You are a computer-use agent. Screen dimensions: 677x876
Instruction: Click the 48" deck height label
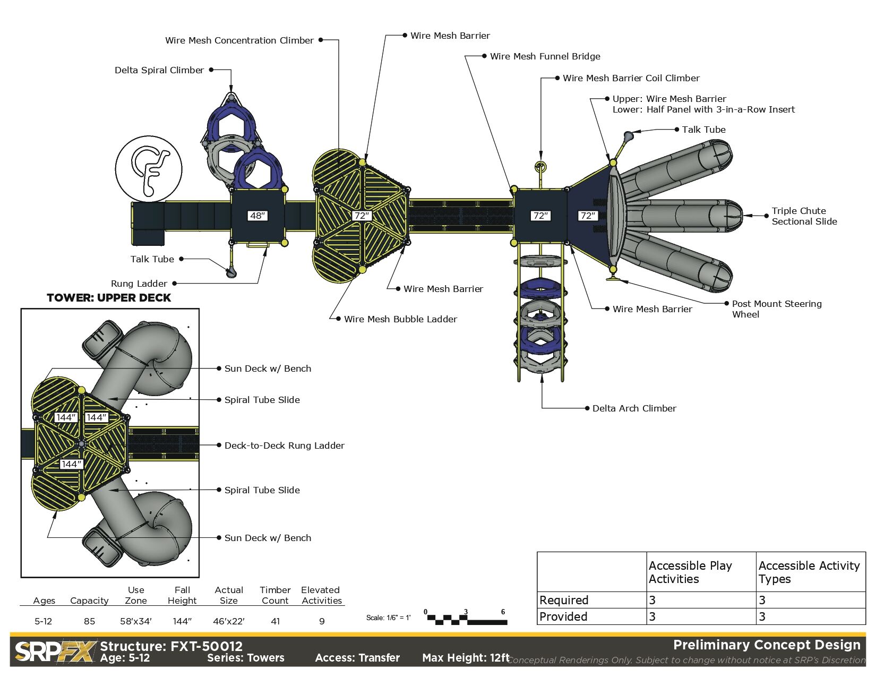(257, 216)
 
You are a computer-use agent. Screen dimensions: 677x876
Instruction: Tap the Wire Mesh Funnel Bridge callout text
(545, 56)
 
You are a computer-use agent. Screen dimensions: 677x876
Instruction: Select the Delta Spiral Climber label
(159, 70)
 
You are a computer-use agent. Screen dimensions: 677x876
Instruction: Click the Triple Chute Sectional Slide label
(804, 216)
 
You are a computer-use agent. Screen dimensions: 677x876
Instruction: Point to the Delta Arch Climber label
(634, 408)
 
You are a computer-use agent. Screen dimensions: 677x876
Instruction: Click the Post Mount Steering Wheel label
(776, 309)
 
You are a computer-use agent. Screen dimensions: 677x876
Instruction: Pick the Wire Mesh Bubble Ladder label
(400, 319)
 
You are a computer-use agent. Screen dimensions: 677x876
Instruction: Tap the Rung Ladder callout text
(139, 284)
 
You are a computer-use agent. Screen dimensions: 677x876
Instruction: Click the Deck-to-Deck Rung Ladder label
(284, 445)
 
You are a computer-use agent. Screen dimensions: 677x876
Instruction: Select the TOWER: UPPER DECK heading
(109, 298)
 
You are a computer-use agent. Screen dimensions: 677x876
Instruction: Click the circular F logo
(149, 169)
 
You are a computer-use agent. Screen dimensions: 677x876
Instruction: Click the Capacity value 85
(89, 621)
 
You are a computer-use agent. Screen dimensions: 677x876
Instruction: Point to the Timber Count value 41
(275, 621)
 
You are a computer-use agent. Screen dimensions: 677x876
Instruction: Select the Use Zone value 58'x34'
(136, 621)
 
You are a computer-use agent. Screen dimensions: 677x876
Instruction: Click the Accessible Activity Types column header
(809, 572)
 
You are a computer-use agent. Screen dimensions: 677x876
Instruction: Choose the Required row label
(564, 600)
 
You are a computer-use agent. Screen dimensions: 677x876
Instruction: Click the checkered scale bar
(467, 619)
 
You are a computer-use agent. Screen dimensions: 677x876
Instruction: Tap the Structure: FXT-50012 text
(171, 646)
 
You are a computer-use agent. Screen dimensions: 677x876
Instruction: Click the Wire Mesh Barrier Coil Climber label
(631, 78)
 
